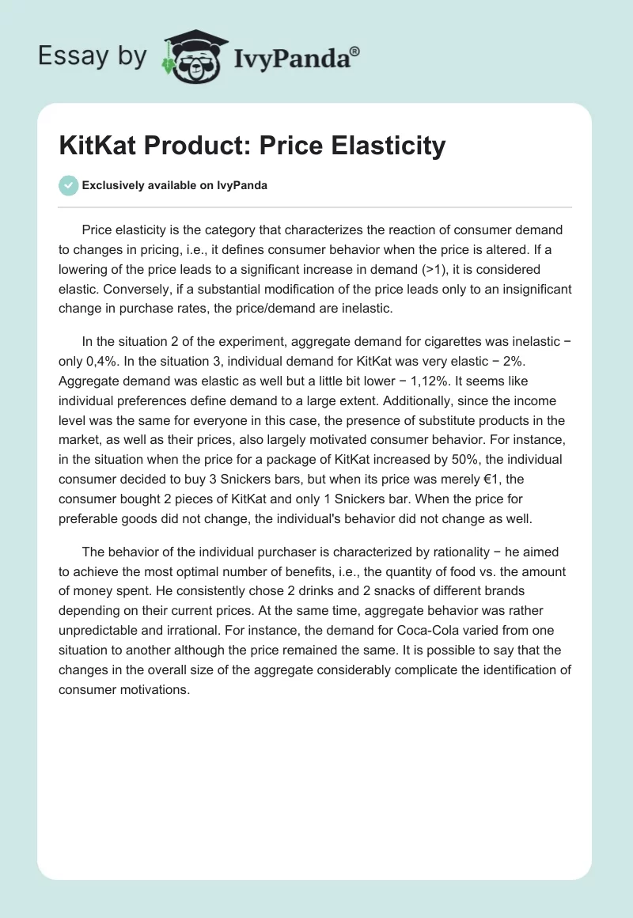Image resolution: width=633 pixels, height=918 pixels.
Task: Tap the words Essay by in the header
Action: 92,56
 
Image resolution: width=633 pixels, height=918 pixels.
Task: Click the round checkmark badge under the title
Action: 68,185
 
